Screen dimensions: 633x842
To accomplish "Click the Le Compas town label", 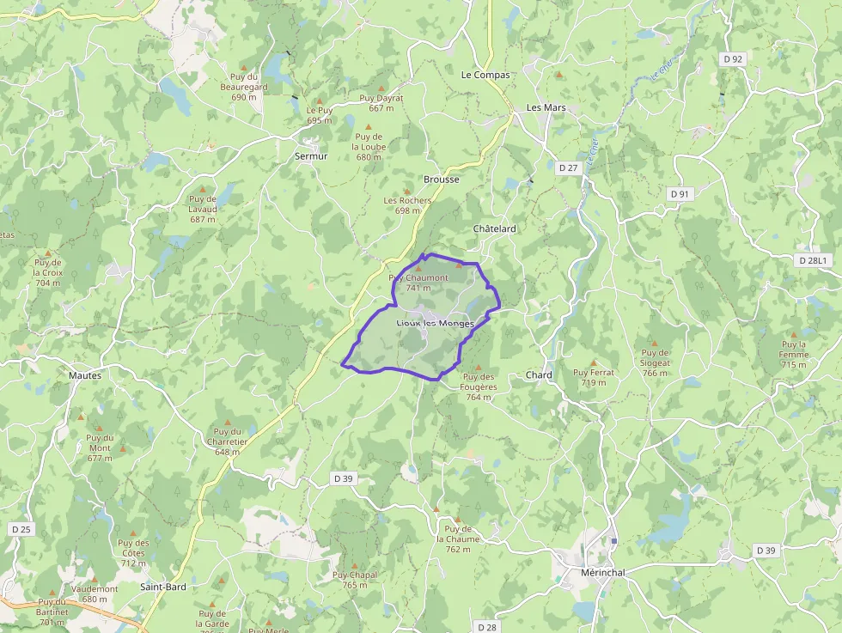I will click(485, 75).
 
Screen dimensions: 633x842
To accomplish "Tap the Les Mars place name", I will click(546, 107).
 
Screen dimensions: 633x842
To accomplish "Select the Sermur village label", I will click(311, 156).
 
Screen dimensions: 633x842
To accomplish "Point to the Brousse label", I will click(442, 180).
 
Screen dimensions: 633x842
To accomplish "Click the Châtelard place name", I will click(495, 229).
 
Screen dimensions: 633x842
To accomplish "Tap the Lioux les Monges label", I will click(435, 323).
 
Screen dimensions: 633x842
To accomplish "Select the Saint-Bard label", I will click(163, 587).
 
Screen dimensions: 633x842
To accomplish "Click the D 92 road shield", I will click(732, 59).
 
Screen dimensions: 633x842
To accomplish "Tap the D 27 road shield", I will click(568, 168).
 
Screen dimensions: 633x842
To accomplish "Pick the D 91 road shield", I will click(680, 194).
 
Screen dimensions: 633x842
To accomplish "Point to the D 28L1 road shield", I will click(812, 259).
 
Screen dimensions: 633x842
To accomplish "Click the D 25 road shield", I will click(21, 529).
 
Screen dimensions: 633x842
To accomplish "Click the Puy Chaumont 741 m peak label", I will click(418, 283).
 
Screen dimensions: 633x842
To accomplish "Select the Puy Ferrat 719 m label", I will click(594, 377).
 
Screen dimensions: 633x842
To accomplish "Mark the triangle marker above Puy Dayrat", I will click(381, 88).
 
